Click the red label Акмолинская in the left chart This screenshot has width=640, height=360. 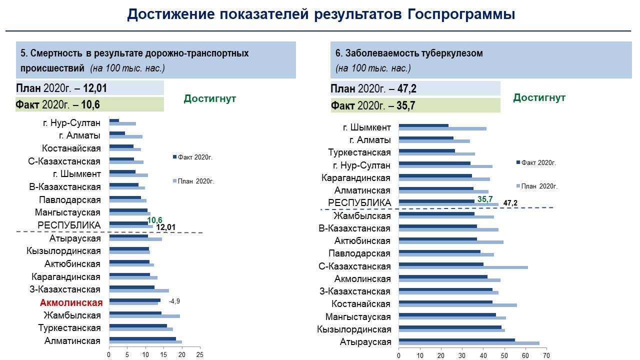(x=71, y=302)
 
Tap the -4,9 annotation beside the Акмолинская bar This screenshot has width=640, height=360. (x=174, y=301)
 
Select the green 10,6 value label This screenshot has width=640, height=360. (x=154, y=220)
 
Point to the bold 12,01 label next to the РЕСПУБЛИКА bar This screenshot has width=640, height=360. (x=165, y=227)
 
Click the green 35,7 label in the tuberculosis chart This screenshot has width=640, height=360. (x=485, y=199)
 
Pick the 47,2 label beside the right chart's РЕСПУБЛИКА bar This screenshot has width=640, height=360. (x=510, y=203)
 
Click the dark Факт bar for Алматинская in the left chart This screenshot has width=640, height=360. (x=142, y=339)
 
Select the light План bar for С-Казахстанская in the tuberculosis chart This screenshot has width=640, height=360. (x=463, y=267)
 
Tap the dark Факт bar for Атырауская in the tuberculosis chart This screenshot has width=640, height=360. (x=457, y=340)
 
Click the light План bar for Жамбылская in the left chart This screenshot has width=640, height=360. (x=144, y=316)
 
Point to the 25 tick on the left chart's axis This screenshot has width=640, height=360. (x=200, y=355)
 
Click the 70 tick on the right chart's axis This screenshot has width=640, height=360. (x=546, y=355)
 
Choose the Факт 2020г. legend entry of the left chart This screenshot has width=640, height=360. (x=193, y=157)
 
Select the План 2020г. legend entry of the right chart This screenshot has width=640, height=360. (x=537, y=186)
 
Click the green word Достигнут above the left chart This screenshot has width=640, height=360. (x=209, y=98)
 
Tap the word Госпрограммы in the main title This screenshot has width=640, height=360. (x=461, y=14)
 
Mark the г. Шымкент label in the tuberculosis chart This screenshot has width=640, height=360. (x=367, y=127)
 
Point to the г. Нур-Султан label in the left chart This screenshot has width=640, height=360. (x=71, y=123)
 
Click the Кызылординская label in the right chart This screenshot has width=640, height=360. (x=354, y=329)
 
